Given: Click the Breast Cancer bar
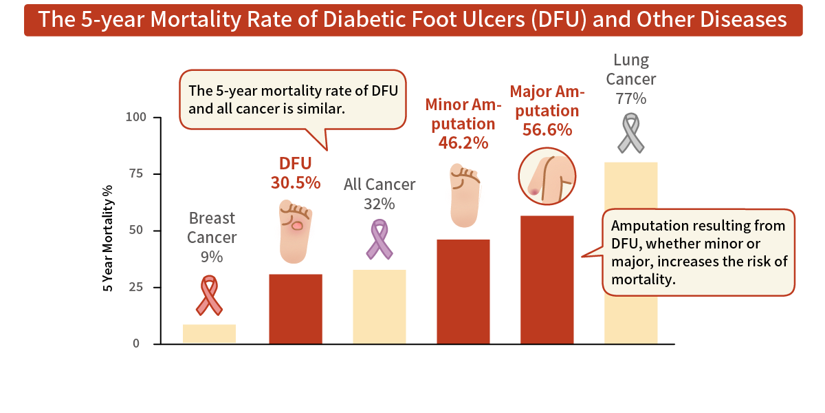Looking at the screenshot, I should click(209, 334).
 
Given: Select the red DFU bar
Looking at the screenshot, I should click(295, 309).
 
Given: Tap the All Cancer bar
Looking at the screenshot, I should click(379, 307).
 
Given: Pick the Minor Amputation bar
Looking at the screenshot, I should click(463, 292).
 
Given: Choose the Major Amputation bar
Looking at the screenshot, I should click(547, 280).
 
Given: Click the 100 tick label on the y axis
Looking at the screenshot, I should click(136, 117).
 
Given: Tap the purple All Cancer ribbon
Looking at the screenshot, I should click(379, 239).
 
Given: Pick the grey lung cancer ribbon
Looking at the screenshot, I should click(630, 133).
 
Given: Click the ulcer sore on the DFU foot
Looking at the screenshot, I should click(298, 225).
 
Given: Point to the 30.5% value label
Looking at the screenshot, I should click(295, 182).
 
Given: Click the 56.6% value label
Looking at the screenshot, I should click(547, 129).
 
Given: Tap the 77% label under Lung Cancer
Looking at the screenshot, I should click(630, 98).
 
